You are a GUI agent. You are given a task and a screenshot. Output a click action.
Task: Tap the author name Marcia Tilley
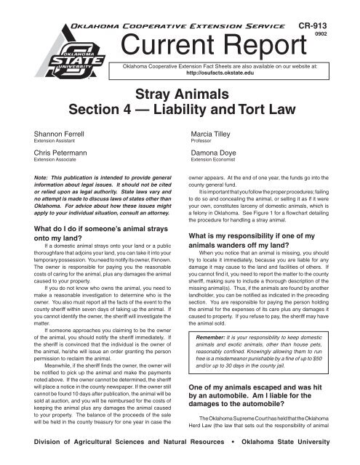pyautogui.click(x=212, y=155)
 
